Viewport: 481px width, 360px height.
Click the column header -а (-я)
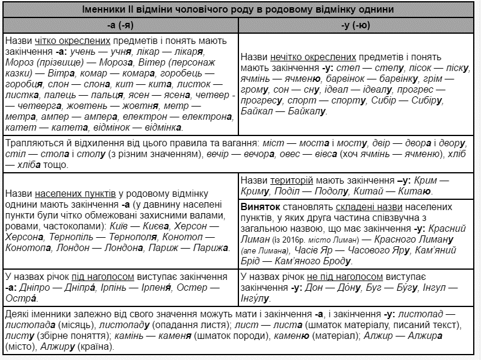[120, 26]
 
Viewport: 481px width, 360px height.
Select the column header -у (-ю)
[359, 26]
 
